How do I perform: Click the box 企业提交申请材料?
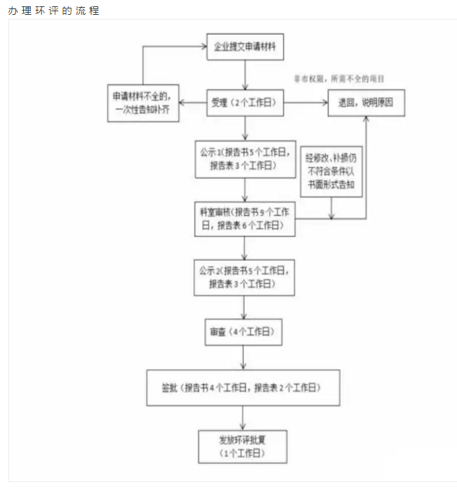point(244,46)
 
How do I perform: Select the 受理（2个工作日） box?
point(244,103)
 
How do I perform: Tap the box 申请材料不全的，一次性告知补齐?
point(142,103)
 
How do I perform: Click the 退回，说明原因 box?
point(365,103)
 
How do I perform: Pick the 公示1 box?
point(244,158)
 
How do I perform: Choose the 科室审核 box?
point(244,219)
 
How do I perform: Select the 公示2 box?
point(244,277)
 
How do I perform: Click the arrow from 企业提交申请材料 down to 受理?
point(244,74)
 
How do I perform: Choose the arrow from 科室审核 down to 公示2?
point(244,247)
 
